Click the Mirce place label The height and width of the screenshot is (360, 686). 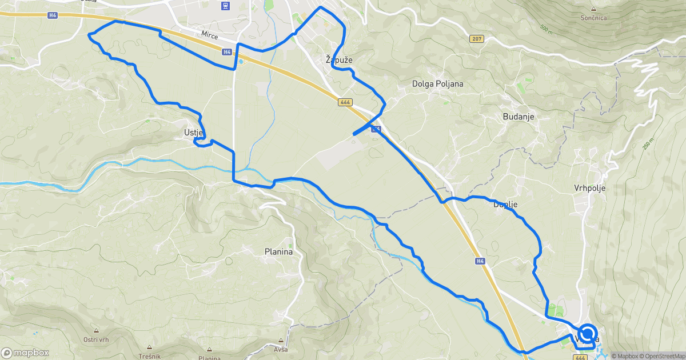210,35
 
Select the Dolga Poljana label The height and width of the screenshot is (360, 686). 437,84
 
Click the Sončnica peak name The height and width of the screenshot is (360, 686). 593,18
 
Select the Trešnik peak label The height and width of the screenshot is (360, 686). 149,355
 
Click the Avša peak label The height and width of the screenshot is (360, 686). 281,349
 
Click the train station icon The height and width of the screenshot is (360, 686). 226,6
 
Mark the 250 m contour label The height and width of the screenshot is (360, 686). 647,143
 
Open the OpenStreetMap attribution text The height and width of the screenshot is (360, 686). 663,356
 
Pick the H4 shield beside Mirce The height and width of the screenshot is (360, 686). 227,52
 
